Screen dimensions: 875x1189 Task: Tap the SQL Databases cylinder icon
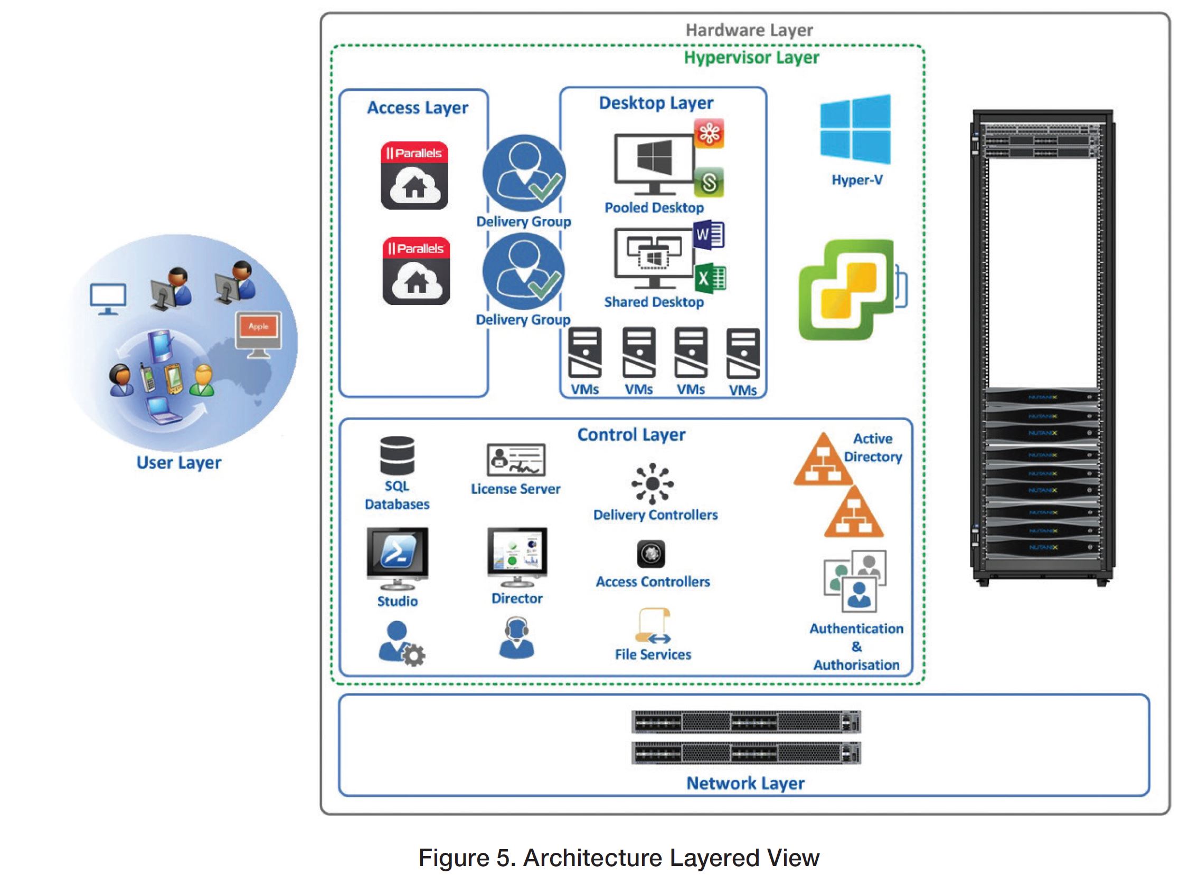point(397,455)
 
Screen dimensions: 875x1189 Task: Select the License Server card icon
point(515,460)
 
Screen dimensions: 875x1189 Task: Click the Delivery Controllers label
point(655,515)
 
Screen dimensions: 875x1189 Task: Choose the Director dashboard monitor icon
point(517,556)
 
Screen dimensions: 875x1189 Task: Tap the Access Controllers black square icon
point(651,554)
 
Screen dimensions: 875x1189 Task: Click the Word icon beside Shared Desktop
point(709,235)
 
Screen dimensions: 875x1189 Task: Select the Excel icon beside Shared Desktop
point(710,278)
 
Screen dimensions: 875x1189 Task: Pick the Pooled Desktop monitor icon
point(654,163)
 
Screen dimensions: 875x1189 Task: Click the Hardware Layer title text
point(749,30)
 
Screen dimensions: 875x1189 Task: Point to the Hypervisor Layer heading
point(751,57)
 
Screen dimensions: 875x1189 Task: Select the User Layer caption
point(179,462)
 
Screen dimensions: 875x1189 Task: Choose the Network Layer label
point(745,783)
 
